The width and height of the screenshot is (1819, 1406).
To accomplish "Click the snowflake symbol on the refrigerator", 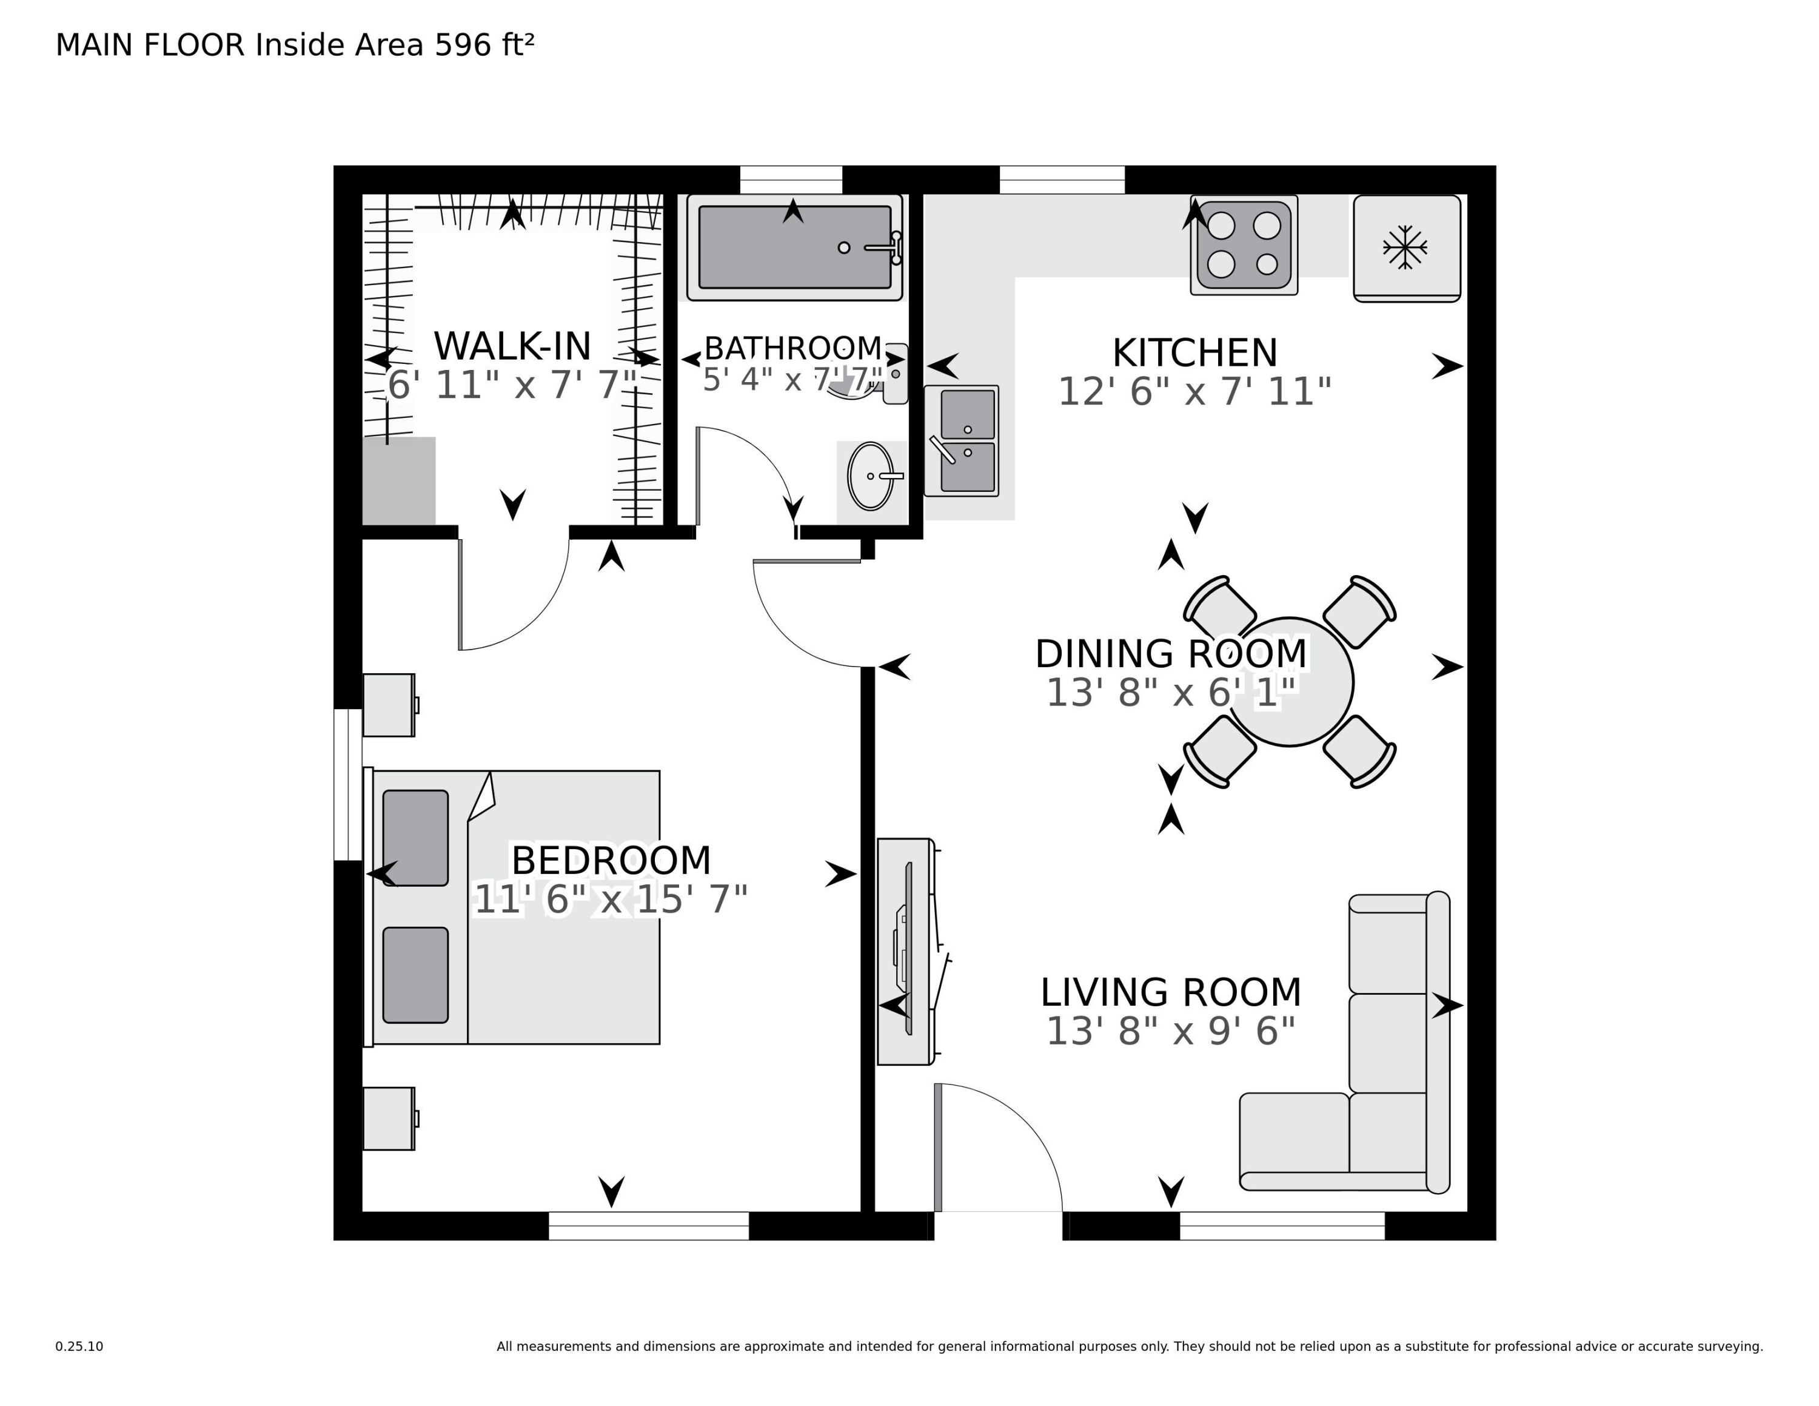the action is [x=1405, y=247].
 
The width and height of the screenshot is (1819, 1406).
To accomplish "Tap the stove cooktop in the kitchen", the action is [x=1244, y=245].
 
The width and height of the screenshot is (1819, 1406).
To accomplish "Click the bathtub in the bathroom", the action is [x=794, y=247].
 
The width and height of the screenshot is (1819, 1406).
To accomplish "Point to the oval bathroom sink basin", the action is [x=869, y=476].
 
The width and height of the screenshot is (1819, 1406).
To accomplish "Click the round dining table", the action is [x=1289, y=682].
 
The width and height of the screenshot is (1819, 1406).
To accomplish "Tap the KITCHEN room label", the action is [x=1194, y=352].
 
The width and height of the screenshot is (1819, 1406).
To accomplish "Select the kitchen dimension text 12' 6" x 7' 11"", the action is [x=1194, y=391].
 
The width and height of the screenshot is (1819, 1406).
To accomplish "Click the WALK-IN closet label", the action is [x=512, y=346].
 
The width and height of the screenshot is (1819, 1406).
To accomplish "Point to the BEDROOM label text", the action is [x=611, y=861].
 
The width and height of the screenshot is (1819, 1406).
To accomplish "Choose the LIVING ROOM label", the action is [x=1170, y=992].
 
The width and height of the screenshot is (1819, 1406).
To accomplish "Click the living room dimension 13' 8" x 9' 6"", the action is [x=1170, y=1031].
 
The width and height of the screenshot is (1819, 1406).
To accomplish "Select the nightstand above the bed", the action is [x=389, y=705].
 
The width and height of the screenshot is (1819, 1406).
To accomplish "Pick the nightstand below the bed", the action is [x=389, y=1118].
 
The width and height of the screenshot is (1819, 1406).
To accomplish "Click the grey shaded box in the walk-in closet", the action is [x=399, y=480].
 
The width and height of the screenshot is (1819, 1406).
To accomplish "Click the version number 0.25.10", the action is [x=79, y=1346].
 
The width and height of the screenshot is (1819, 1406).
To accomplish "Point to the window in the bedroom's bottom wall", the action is [x=648, y=1226].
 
